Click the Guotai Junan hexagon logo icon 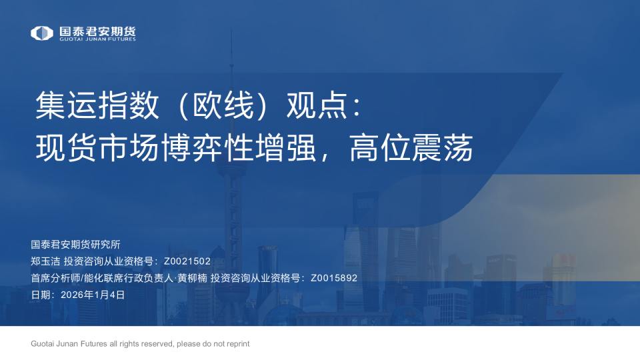pos(42,33)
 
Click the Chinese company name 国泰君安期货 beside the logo pos(97,30)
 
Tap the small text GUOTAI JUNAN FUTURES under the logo pos(97,39)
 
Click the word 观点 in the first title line pos(317,106)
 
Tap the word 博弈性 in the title pos(207,148)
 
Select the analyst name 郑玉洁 pos(45,261)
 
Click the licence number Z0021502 pos(187,261)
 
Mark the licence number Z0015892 pos(334,278)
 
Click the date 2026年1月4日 pos(93,295)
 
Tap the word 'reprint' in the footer pos(237,344)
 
